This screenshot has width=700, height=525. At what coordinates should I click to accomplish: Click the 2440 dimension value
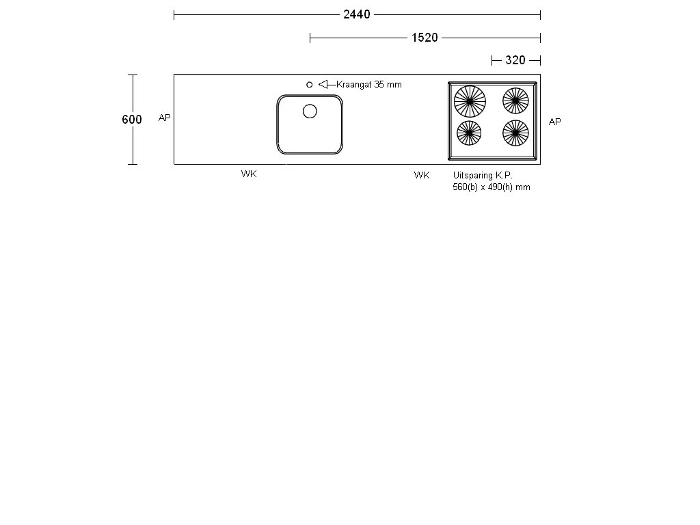click(356, 14)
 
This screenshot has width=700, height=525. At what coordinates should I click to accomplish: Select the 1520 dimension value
click(424, 38)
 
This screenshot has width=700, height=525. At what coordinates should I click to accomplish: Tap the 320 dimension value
click(515, 60)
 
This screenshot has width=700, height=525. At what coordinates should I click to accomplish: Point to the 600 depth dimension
click(132, 120)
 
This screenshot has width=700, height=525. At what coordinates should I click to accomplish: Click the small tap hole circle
click(310, 84)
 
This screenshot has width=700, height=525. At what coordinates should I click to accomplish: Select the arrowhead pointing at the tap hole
click(323, 84)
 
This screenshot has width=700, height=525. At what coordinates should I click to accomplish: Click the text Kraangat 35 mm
click(369, 84)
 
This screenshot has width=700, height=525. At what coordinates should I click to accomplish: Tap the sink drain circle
click(310, 111)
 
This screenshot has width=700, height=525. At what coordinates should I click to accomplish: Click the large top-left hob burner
click(470, 101)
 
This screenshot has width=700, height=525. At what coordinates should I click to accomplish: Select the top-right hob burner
click(515, 100)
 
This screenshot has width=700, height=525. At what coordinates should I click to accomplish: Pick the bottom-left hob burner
click(469, 133)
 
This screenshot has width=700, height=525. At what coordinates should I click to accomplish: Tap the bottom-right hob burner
click(515, 133)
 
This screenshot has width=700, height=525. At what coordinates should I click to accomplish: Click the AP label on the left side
click(164, 118)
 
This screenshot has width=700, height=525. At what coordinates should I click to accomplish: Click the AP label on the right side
click(554, 122)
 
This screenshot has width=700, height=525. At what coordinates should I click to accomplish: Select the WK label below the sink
click(249, 174)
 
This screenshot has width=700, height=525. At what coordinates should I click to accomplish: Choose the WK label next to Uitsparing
click(422, 176)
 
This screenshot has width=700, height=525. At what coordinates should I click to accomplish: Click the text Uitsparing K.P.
click(483, 176)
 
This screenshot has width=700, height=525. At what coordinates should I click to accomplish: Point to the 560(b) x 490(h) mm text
click(491, 187)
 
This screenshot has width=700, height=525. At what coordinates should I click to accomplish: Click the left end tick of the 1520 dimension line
click(310, 38)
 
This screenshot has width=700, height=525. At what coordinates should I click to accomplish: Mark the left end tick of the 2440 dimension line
click(174, 14)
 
